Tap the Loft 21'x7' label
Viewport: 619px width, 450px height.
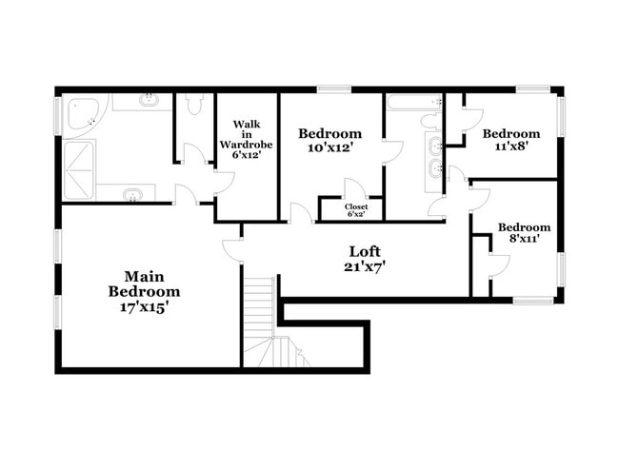click(366, 259)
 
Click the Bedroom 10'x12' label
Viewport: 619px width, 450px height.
click(329, 141)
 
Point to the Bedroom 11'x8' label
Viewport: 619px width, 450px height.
click(510, 140)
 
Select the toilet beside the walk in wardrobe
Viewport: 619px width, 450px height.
click(195, 105)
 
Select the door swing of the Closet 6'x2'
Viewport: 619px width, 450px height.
click(352, 189)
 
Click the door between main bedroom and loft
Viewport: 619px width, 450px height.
click(231, 249)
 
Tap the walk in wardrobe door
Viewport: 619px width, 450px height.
click(225, 183)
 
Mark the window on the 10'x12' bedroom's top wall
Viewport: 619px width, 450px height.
click(333, 89)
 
